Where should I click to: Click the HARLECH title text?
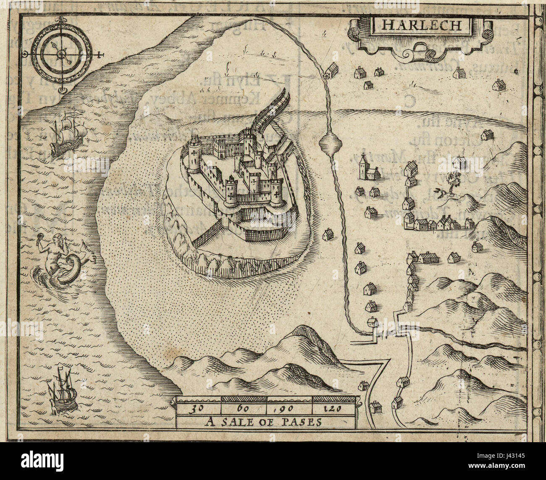tap(421, 25)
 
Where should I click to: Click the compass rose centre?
tap(62, 53)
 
